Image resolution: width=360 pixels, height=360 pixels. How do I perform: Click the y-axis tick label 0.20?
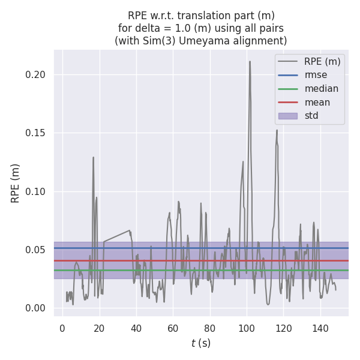coord(37,75)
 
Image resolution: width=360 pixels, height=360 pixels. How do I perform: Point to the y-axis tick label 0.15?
coord(37,133)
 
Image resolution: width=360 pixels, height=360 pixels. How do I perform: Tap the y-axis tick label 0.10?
coord(37,191)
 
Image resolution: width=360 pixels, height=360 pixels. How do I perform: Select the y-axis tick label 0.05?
coord(37,250)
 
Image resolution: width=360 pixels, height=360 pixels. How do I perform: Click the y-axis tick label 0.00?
coord(37,308)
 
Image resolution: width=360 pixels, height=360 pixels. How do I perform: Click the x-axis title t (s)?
coord(201,343)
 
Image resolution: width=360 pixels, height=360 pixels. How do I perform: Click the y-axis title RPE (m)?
coord(16,183)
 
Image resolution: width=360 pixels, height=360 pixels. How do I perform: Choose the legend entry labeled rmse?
coord(316,75)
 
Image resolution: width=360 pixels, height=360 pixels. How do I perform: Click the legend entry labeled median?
coord(321,89)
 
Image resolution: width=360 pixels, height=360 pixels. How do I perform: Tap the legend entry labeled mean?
coord(317,102)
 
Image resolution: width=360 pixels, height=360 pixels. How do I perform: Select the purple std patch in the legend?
coord(287,116)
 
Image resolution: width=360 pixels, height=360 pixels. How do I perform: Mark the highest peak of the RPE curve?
coord(250,61)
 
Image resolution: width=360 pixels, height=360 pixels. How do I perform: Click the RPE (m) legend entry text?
coord(322,61)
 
